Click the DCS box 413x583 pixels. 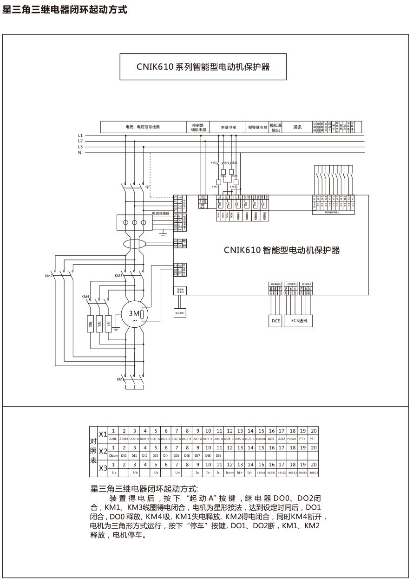pos(276,321)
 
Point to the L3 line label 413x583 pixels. pos(80,146)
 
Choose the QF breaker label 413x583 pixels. pos(148,186)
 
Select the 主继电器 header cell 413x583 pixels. pos(229,127)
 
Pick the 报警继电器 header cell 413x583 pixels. pos(257,127)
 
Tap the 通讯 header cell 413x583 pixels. pos(297,127)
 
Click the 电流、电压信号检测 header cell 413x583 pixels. pos(143,127)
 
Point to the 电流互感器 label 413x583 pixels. pos(161,213)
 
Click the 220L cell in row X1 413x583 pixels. pos(112,439)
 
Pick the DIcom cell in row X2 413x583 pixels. pos(112,456)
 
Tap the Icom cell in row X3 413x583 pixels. pos(229,473)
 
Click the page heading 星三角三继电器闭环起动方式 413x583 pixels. pos(65,9)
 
